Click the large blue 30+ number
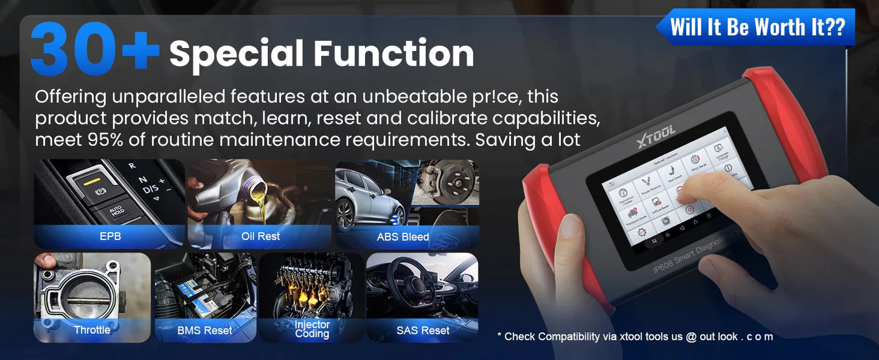coord(94,50)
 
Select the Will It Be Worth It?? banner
coord(757,27)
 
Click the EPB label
coord(110,237)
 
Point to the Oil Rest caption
coord(260,237)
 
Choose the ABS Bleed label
coord(403,237)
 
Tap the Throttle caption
coord(92,330)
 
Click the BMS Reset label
coord(204,331)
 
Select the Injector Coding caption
coord(312,330)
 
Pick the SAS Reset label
coord(423,331)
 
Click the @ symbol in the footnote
coord(691,336)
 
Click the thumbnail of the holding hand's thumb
coord(571,226)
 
